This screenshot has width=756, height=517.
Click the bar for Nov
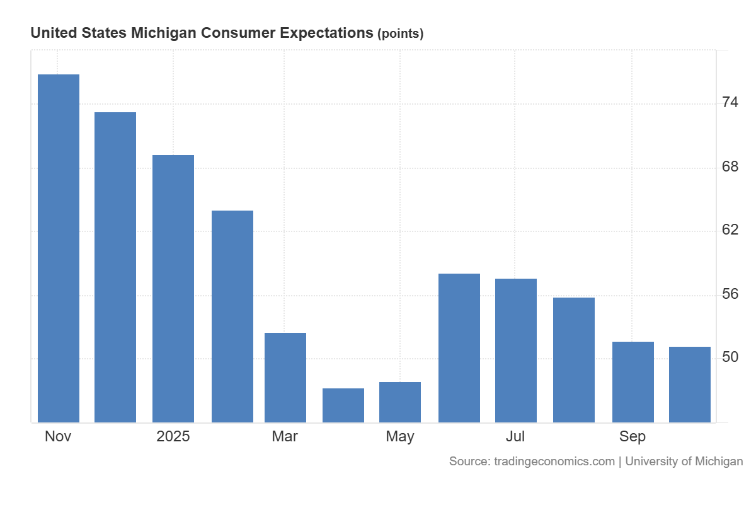(x=59, y=248)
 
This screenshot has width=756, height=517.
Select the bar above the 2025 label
(x=173, y=289)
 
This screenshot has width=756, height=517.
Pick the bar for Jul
(x=515, y=350)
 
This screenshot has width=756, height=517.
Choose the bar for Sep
(x=633, y=381)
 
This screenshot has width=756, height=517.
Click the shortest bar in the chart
(x=343, y=405)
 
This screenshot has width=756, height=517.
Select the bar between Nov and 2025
(x=115, y=267)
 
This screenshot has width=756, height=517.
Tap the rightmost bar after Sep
(x=689, y=384)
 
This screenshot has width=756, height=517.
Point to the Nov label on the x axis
(x=58, y=436)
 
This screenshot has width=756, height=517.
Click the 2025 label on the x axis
(x=173, y=436)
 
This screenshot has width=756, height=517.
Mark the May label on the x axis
(x=400, y=436)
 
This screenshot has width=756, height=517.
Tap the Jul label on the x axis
(x=515, y=436)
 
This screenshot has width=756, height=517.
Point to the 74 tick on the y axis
(x=730, y=103)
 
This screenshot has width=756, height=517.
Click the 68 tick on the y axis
(x=730, y=167)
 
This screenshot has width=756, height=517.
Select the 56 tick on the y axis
(x=730, y=294)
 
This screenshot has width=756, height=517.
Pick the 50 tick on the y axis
(x=730, y=357)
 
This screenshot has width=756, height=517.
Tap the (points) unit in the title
(x=400, y=34)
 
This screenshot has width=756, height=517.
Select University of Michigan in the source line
(x=684, y=462)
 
